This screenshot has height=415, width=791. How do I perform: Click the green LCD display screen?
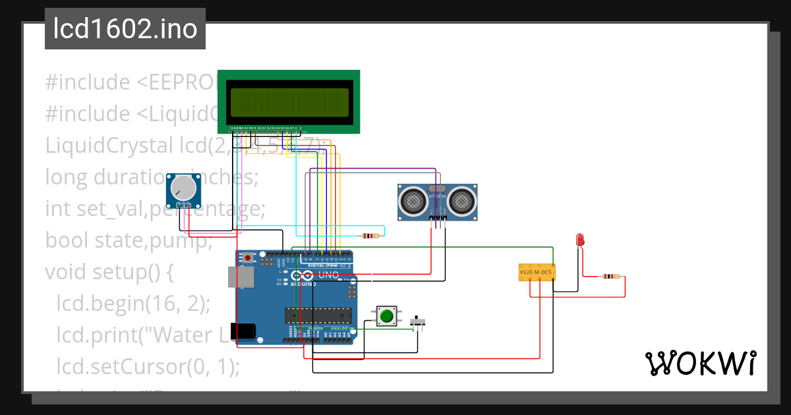[x=289, y=101]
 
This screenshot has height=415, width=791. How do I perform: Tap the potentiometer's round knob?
[x=183, y=189]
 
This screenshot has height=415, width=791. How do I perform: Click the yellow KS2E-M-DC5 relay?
[x=537, y=272]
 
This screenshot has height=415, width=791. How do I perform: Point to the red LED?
[x=580, y=239]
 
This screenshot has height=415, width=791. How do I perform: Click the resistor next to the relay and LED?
[x=611, y=277]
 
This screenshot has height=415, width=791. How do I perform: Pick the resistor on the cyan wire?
[x=371, y=235]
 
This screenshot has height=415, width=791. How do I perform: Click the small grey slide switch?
[x=418, y=322]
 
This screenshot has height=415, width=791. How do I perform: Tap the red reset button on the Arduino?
[x=248, y=258]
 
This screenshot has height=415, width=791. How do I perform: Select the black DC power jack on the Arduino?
[x=242, y=331]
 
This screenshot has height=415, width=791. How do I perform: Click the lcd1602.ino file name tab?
[x=125, y=29]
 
